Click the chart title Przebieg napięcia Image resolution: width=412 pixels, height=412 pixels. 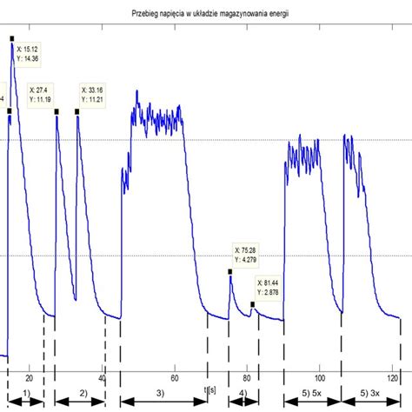click(x=206, y=16)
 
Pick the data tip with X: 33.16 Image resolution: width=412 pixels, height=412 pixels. click(x=96, y=94)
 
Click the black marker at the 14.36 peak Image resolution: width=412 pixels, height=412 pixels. click(x=12, y=38)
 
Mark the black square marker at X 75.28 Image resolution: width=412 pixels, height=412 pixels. click(x=230, y=271)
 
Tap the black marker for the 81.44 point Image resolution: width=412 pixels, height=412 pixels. click(x=253, y=303)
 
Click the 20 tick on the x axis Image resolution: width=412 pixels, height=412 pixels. click(x=30, y=378)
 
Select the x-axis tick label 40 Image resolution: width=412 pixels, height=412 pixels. click(x=103, y=378)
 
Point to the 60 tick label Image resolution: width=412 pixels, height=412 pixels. click(x=175, y=378)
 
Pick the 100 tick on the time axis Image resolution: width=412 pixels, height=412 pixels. click(x=320, y=378)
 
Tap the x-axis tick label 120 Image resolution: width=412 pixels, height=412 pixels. click(x=393, y=378)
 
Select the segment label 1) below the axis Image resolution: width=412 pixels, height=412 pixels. click(x=27, y=395)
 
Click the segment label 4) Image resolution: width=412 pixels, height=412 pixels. click(x=242, y=395)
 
